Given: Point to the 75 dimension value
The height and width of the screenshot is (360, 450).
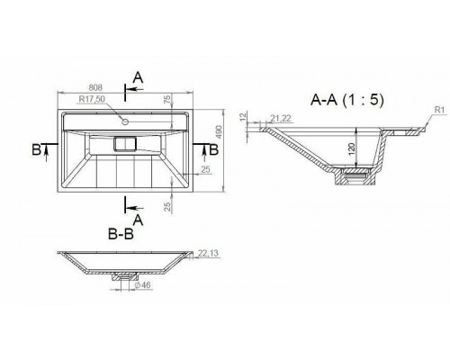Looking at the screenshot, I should point(167,99).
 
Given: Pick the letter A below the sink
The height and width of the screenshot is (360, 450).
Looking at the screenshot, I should point(137,219).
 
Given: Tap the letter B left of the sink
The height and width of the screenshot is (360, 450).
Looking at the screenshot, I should point(35,148).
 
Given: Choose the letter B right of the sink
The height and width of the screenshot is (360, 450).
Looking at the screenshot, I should point(211,148).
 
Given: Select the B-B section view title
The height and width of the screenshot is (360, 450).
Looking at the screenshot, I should point(121,235).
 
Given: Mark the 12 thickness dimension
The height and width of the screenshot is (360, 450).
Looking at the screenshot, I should point(243,117).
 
